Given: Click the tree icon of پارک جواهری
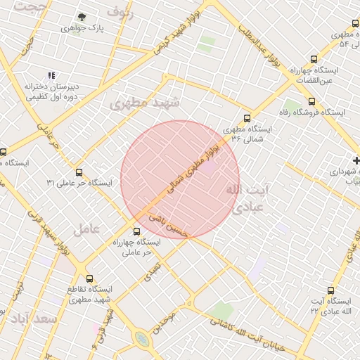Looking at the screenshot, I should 82,17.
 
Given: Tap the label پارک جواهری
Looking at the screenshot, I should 82,29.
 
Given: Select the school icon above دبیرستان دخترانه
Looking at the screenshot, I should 51,75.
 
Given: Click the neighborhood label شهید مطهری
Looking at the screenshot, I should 145,103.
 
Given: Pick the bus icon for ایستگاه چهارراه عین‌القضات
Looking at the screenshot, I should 314,60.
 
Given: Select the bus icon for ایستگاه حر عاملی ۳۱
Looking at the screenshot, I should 79,172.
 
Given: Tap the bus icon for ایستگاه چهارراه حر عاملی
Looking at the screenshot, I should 137,231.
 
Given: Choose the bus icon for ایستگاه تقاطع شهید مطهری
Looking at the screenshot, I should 89,278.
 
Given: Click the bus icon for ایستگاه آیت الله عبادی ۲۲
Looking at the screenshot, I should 331,290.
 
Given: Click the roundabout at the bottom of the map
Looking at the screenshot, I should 143,340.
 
